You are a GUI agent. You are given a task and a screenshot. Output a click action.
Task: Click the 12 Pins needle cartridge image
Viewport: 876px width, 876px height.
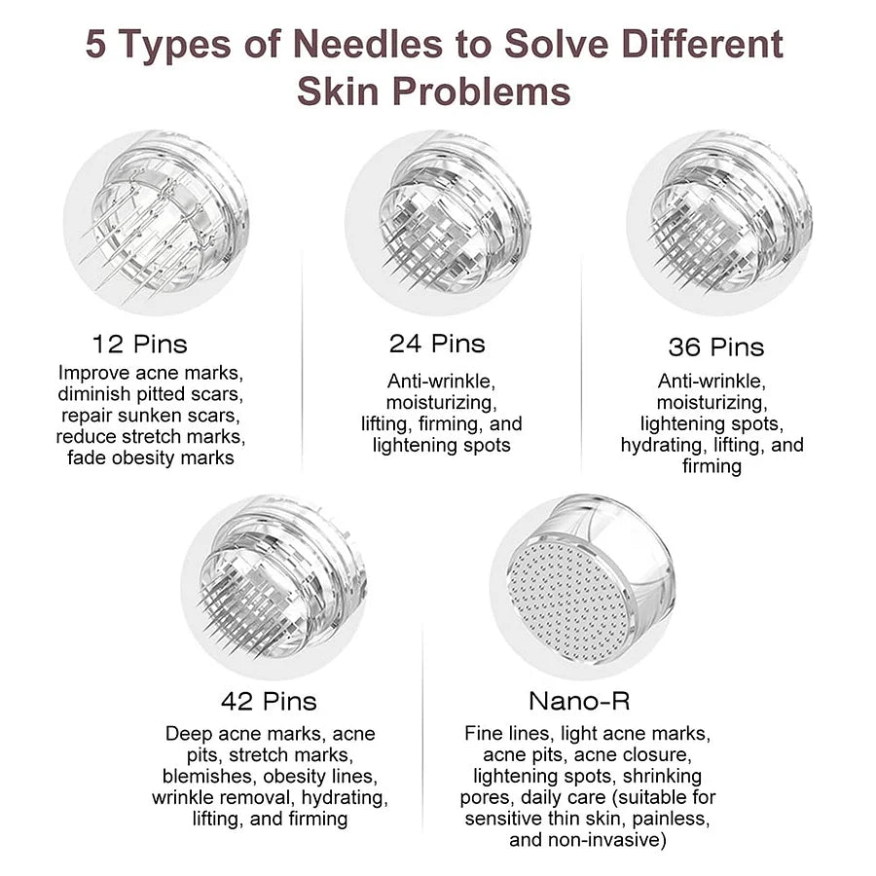(156, 222)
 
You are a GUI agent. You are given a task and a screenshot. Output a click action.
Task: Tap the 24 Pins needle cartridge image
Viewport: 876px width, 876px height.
(437, 222)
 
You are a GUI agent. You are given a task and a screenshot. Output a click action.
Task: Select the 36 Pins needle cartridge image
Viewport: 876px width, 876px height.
(719, 222)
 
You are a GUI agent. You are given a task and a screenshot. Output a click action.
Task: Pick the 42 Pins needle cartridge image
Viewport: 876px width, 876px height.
(274, 587)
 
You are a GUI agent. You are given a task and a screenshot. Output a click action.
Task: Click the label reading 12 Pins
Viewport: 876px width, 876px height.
(139, 345)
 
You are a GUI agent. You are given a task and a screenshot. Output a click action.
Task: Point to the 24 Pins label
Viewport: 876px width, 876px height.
(437, 344)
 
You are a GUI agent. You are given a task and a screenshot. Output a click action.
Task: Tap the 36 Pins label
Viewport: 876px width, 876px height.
(716, 347)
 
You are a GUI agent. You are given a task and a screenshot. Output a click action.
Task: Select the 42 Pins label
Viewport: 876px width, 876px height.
(269, 701)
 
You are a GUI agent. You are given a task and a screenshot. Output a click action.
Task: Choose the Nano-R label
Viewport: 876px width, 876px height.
(579, 701)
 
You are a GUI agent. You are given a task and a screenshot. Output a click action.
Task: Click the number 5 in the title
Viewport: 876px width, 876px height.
(95, 44)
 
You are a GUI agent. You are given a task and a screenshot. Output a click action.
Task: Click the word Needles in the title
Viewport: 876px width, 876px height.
(368, 44)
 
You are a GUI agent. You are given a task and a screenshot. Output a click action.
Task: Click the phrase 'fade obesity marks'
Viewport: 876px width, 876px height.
(151, 458)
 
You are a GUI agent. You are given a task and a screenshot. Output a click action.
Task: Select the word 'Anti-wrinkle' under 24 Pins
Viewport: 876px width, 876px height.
(441, 381)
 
